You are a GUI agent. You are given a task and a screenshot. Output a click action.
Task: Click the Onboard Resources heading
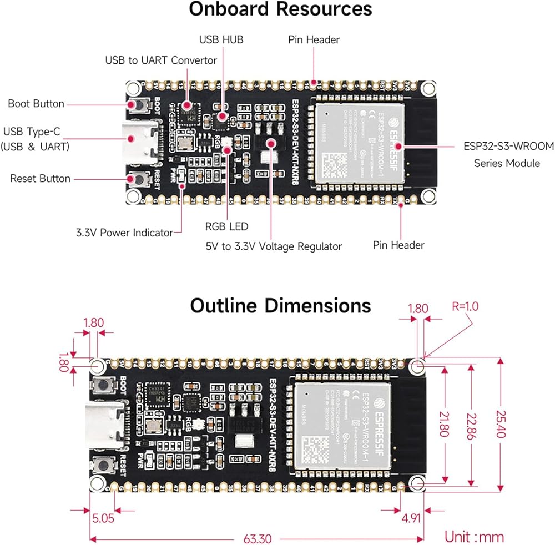coord(280,9)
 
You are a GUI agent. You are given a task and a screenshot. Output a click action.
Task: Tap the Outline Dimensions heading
coord(280,306)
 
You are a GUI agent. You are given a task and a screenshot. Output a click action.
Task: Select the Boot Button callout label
coord(36,104)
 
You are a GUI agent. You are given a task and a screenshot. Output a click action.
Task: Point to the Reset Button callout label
coord(41,179)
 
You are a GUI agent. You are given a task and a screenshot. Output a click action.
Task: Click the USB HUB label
coord(221,40)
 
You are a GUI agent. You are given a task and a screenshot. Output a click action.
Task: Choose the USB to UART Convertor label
coord(161,60)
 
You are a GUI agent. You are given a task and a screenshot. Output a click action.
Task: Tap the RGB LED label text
coord(226,226)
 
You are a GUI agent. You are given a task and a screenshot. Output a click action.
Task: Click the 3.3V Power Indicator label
coord(124,233)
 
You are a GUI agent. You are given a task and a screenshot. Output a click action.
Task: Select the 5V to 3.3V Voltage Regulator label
coord(274,246)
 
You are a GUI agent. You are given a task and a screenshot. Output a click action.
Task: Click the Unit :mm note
coord(475,537)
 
